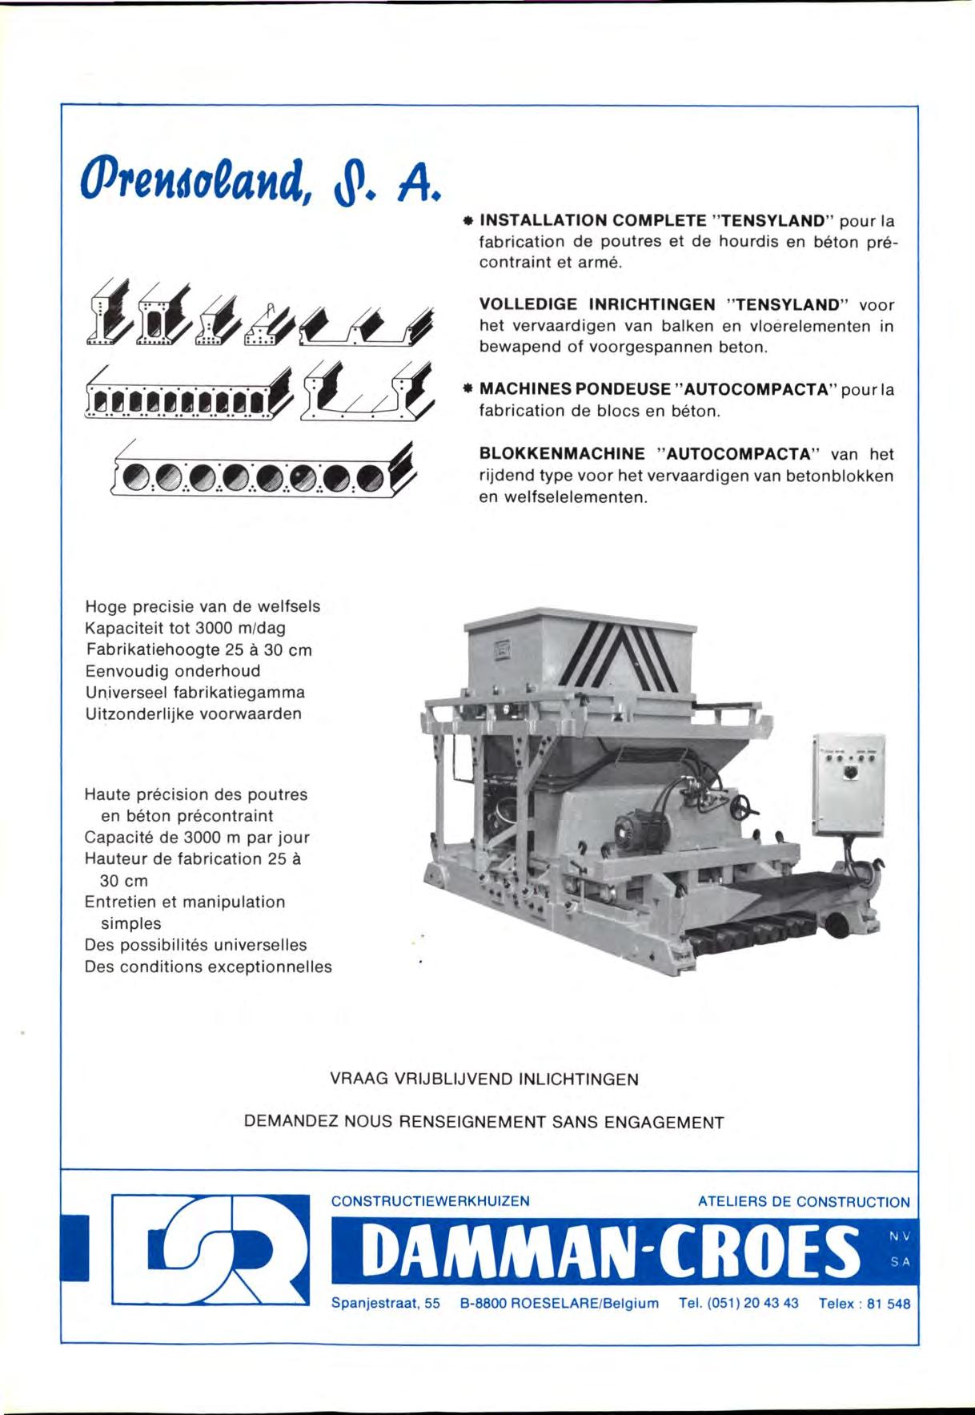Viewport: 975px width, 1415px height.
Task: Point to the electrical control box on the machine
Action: tap(849, 783)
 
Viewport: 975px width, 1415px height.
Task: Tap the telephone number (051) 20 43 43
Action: tap(738, 1303)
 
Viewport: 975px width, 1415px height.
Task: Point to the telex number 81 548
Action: tap(888, 1304)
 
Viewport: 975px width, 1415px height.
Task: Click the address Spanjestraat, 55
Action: tap(386, 1304)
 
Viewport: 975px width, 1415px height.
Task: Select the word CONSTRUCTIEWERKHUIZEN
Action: tap(431, 1201)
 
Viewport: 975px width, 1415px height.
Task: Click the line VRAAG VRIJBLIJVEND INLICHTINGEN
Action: tap(484, 1079)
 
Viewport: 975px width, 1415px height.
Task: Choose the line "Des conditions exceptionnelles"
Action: tap(208, 967)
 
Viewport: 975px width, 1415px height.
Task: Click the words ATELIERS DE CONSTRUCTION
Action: tap(804, 1202)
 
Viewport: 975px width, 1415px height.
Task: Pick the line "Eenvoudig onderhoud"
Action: tap(173, 671)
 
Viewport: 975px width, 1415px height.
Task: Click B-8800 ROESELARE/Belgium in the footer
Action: tap(560, 1304)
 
